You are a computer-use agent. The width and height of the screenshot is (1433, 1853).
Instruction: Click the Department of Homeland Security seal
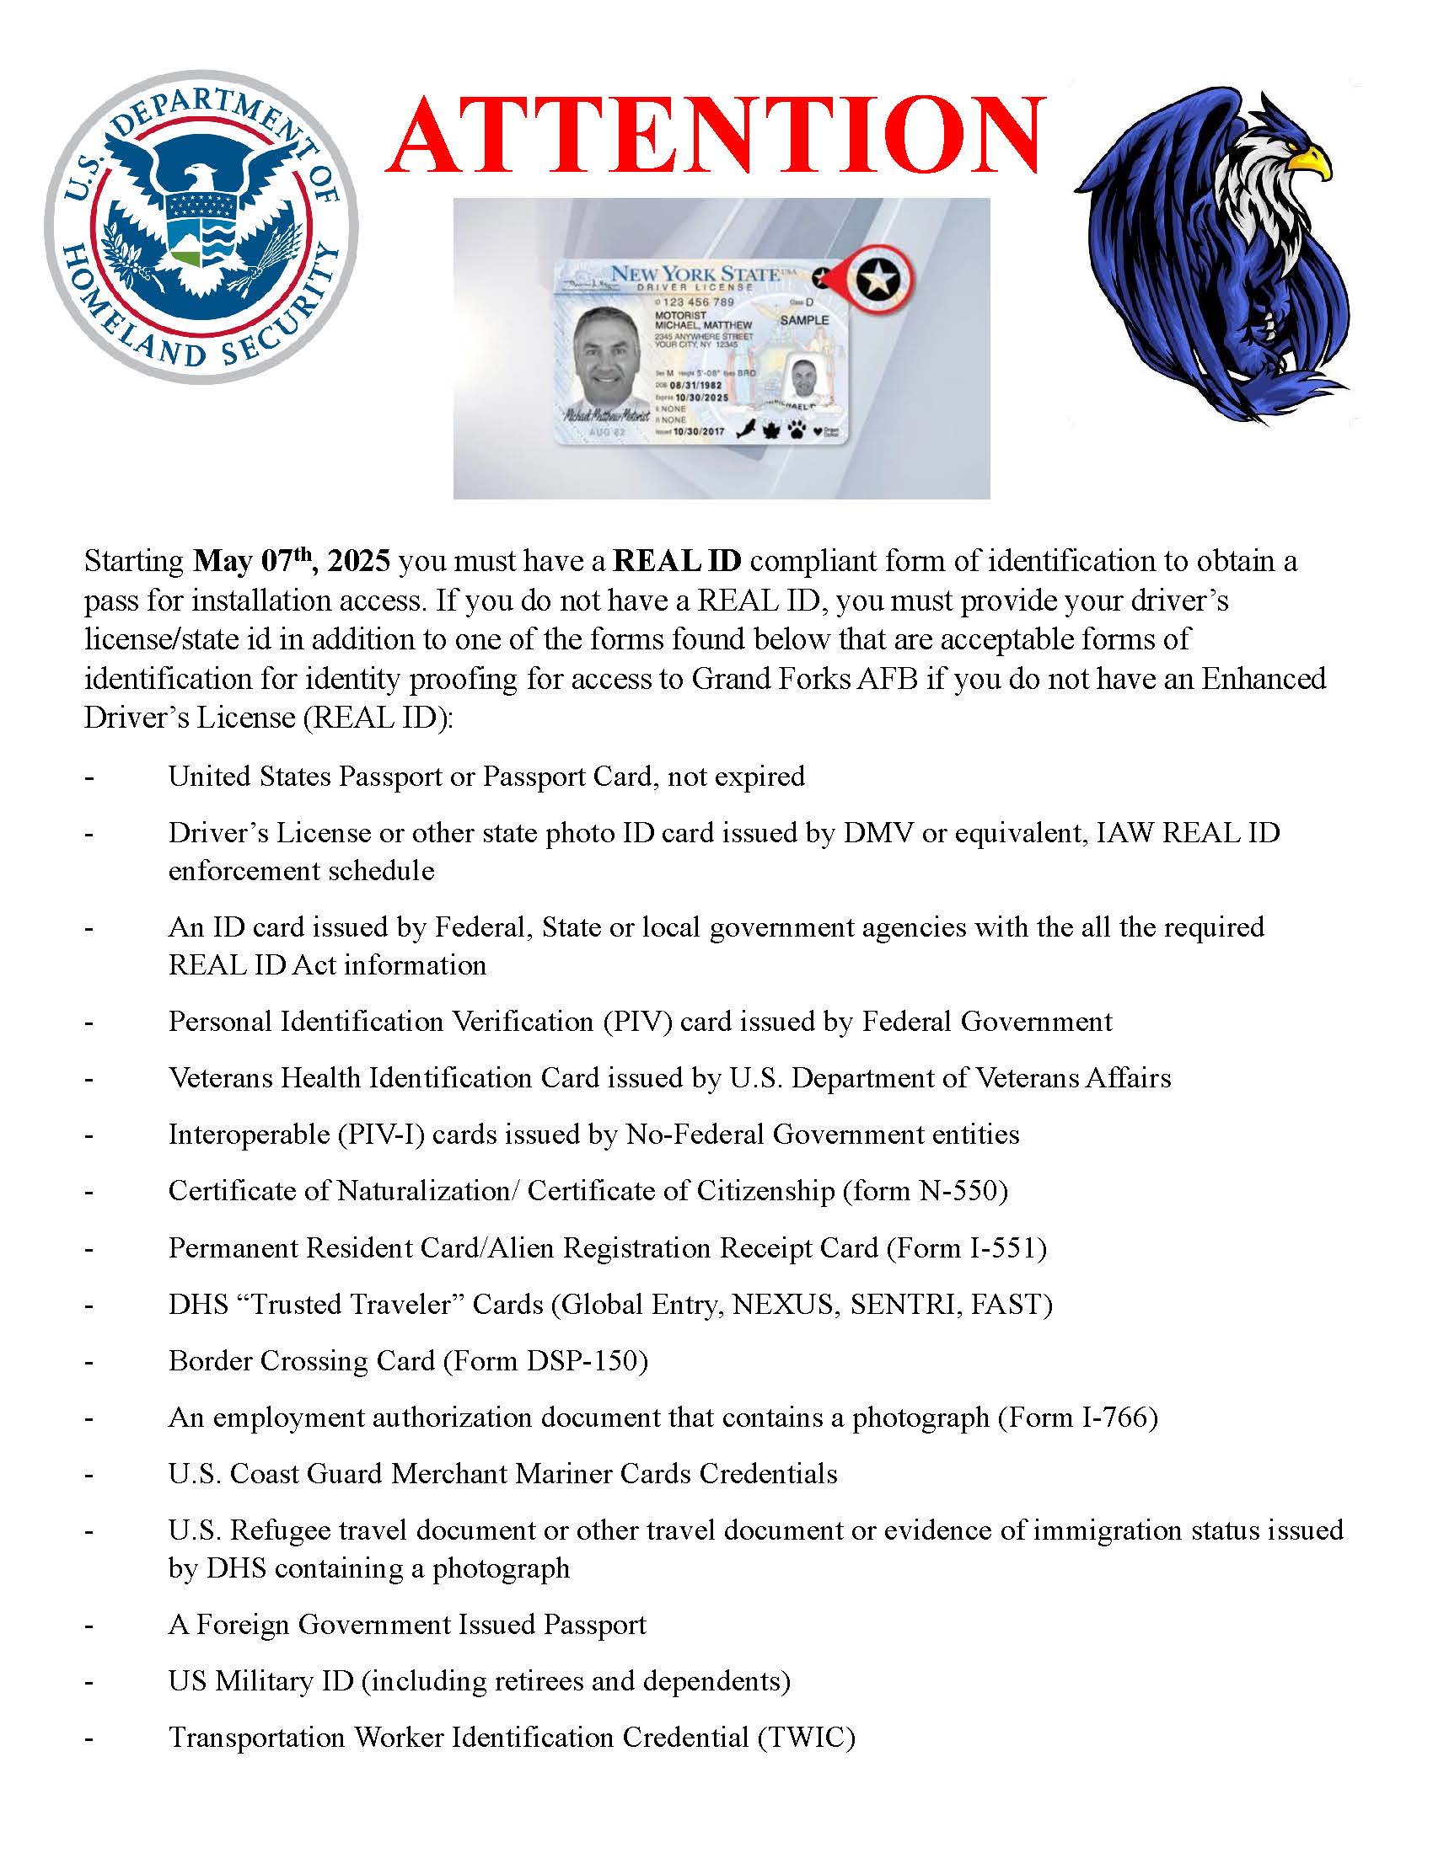click(x=201, y=227)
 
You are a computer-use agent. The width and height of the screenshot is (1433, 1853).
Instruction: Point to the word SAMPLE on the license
click(x=804, y=320)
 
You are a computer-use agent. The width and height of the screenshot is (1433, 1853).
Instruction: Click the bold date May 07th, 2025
click(x=292, y=561)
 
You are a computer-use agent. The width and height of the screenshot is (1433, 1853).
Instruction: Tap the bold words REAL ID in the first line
click(x=677, y=561)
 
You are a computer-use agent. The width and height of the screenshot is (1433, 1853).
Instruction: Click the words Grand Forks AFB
click(x=805, y=679)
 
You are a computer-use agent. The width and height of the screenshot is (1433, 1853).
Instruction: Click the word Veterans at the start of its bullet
click(x=220, y=1078)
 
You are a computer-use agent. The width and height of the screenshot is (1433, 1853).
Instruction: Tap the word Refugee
click(x=284, y=1530)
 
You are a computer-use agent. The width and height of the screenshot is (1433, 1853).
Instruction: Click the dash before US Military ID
click(x=89, y=1683)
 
